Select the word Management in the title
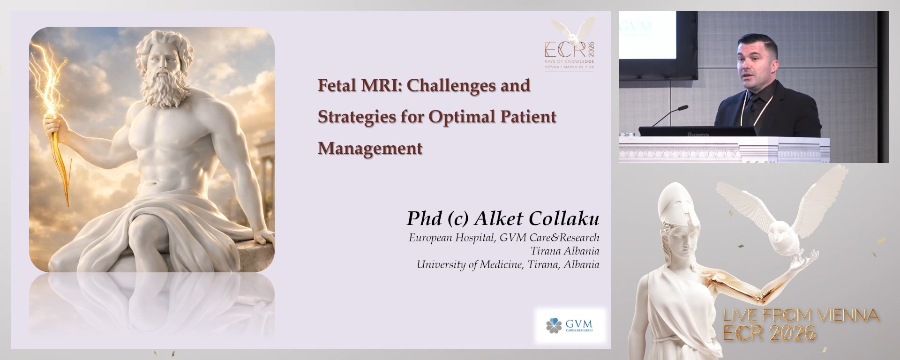tap(370, 148)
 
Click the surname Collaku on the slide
tap(564, 218)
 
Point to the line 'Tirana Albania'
tap(564, 251)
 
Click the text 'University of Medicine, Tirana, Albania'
tap(508, 264)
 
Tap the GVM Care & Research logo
tap(570, 325)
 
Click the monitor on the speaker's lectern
tap(697, 131)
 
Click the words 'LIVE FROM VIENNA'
tap(801, 315)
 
